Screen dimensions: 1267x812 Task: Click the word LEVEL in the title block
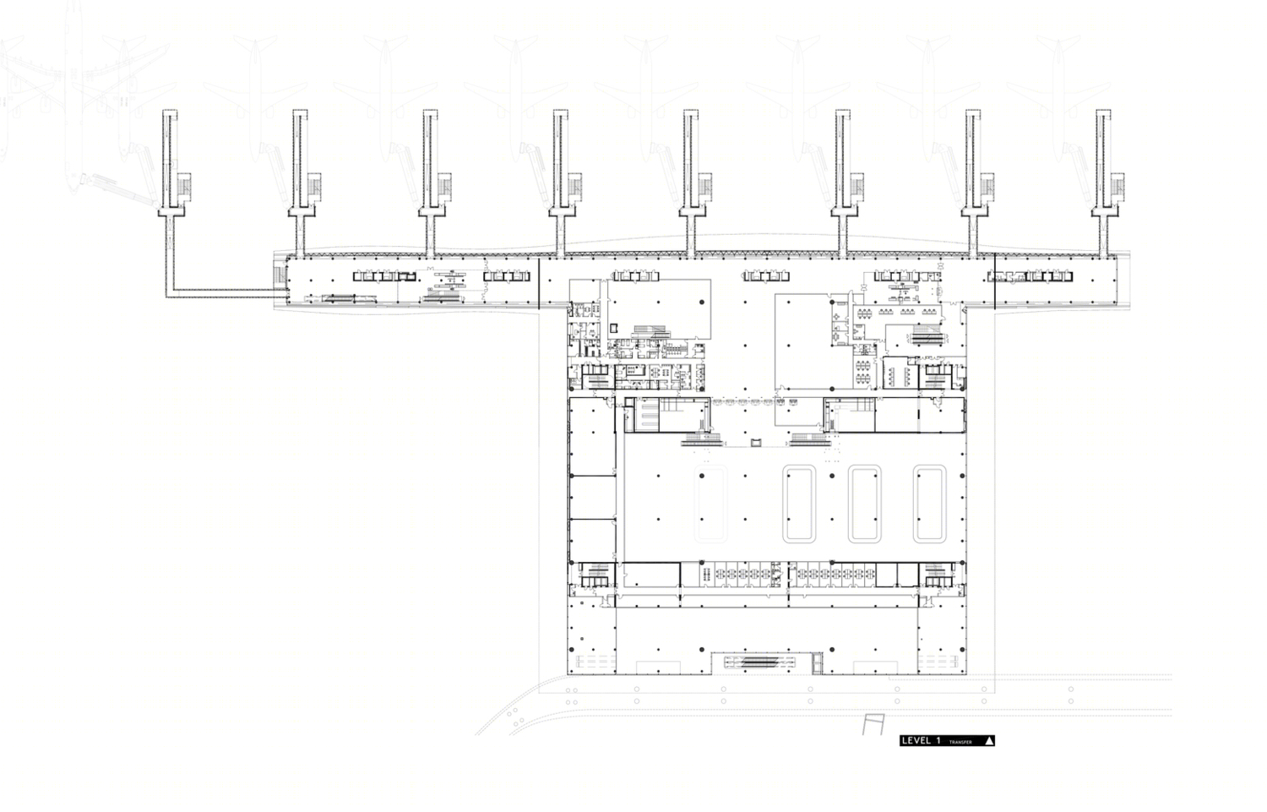[x=916, y=741]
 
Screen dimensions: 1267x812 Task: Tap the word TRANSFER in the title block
[x=960, y=742]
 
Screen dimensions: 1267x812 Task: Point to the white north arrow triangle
[x=989, y=741]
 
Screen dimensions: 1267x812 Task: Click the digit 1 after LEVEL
[x=938, y=741]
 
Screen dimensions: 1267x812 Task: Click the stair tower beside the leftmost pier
[x=184, y=187]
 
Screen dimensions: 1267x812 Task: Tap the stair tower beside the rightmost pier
[x=1117, y=187]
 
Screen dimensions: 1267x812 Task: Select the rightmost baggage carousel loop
[x=929, y=504]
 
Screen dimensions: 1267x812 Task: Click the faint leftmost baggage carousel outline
[x=711, y=504]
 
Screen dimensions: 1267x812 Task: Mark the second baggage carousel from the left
[x=799, y=504]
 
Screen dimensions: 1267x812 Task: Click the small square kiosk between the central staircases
[x=756, y=443]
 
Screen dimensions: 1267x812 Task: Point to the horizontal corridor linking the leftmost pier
[x=226, y=293]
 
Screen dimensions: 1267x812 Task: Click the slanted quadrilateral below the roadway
[x=873, y=724]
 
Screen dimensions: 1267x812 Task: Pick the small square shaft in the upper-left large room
[x=614, y=328]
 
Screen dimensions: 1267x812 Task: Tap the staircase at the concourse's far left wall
[x=280, y=275]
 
